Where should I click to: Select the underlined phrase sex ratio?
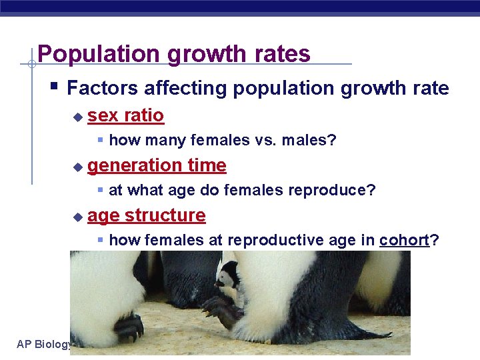[x=125, y=116]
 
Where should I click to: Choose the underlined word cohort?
[x=404, y=240]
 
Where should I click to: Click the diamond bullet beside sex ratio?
[x=78, y=117]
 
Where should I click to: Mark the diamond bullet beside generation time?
[x=78, y=167]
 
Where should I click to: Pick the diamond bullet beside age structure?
[x=78, y=217]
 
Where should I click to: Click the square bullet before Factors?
[x=55, y=86]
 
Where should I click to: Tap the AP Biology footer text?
[x=44, y=344]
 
